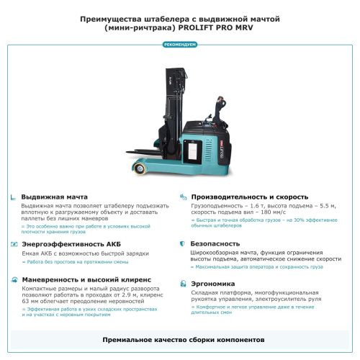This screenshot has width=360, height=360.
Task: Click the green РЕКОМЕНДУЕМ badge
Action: [x=180, y=45]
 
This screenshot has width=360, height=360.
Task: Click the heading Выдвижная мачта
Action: [x=54, y=197]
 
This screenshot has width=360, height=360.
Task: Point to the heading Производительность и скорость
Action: [x=249, y=197]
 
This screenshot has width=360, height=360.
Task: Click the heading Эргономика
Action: [x=215, y=283]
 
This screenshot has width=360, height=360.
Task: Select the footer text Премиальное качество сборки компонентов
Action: [x=180, y=338]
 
